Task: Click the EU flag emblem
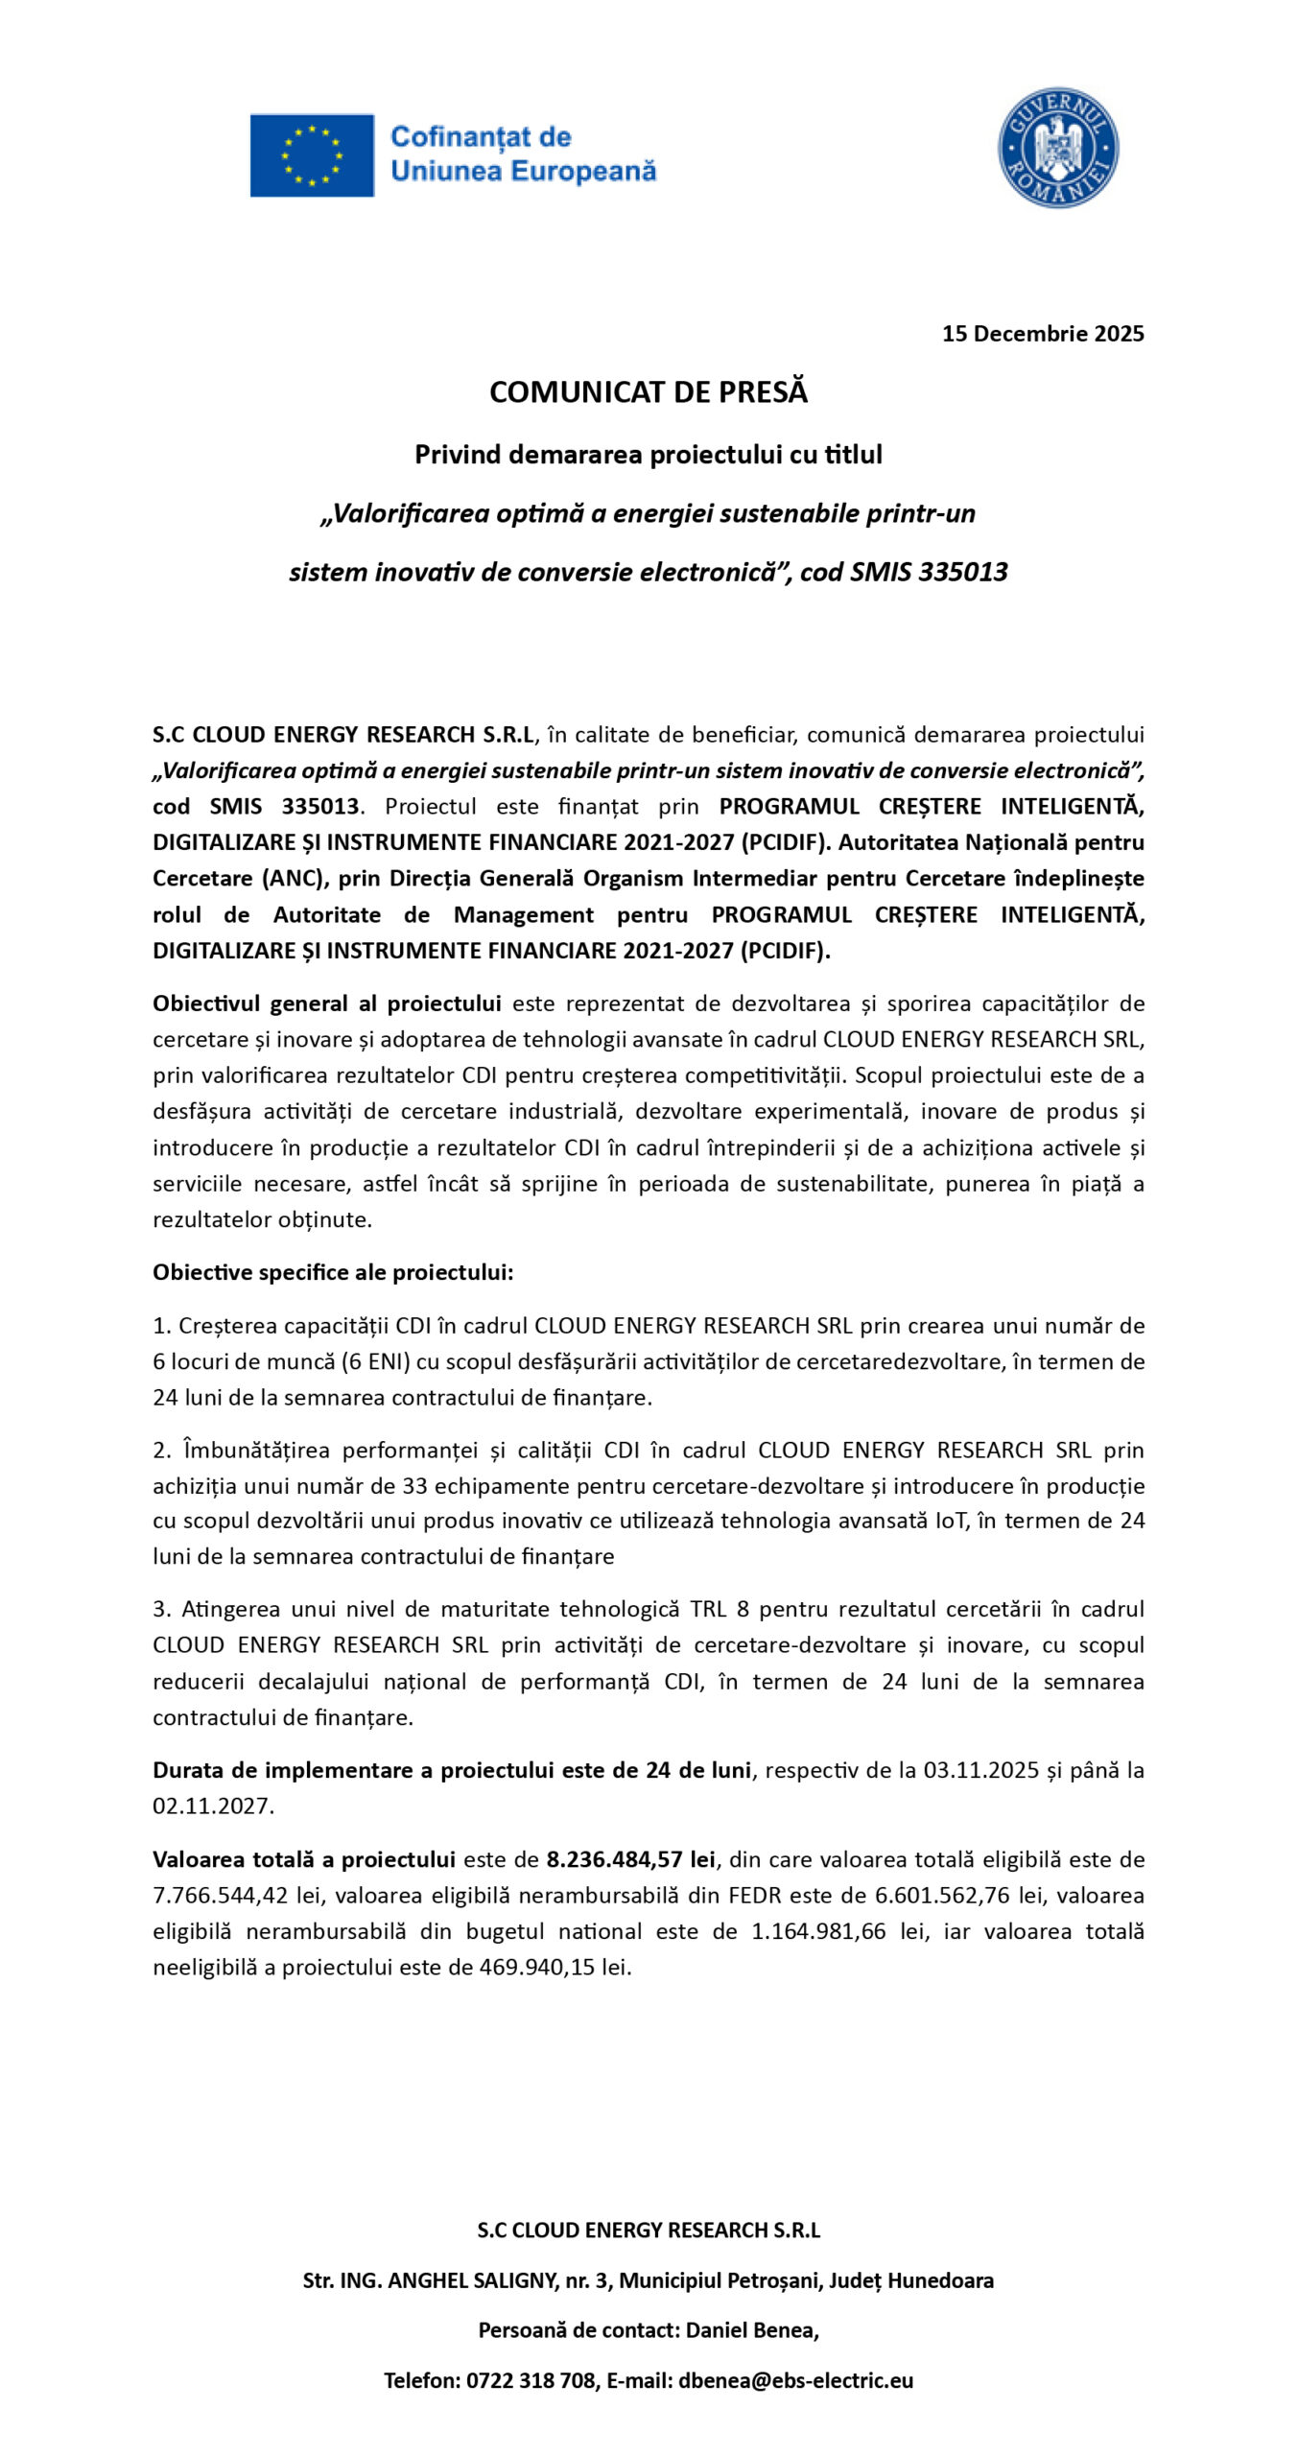(x=312, y=155)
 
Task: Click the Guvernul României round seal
(x=1057, y=148)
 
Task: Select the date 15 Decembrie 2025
(x=1042, y=333)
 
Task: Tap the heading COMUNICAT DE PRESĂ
(x=649, y=391)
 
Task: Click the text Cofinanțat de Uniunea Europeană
(x=523, y=154)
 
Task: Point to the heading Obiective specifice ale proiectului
(x=333, y=1272)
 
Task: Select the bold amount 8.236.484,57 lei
(x=630, y=1859)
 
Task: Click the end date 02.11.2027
(x=213, y=1806)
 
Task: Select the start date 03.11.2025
(x=980, y=1770)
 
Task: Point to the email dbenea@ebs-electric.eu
(x=795, y=2380)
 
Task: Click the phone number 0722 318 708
(x=531, y=2380)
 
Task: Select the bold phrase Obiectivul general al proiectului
(x=326, y=1004)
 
